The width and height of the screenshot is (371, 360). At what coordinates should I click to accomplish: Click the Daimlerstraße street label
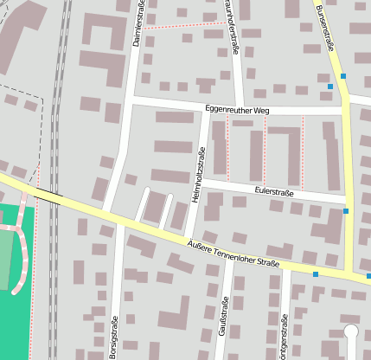click(138, 24)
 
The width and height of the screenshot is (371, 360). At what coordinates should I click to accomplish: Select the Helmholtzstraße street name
click(197, 174)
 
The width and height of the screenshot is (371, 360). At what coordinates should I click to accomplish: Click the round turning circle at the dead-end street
click(350, 330)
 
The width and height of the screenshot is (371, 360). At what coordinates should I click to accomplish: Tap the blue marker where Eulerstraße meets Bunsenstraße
click(346, 210)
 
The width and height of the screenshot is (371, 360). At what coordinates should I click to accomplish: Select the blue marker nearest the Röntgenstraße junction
click(316, 273)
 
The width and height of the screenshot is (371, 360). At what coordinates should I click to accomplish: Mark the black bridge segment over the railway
click(48, 196)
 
